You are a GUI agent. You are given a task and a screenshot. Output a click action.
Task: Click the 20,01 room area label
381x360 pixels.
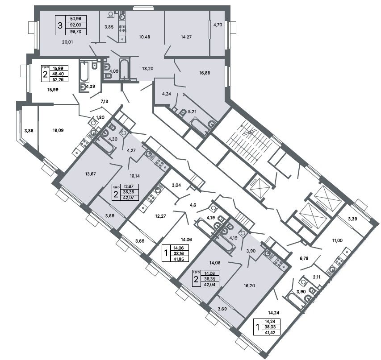[x=67, y=42]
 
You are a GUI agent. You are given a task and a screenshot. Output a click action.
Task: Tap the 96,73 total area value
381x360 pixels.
[x=75, y=32]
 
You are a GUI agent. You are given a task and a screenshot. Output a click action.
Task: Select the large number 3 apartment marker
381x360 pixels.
[x=60, y=25]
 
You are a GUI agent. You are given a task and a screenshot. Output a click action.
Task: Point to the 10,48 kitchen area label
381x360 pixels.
[x=144, y=37]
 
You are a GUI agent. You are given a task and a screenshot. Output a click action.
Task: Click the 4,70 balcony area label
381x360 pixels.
[x=218, y=25]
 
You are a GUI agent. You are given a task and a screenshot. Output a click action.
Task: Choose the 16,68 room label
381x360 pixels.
[x=205, y=73]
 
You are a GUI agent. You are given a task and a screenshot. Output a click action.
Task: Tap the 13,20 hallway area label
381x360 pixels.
[x=148, y=68]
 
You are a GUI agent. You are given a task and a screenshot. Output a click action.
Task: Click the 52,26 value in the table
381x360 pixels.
[x=59, y=79]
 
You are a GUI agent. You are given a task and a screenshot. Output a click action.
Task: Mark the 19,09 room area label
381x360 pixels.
[x=58, y=130]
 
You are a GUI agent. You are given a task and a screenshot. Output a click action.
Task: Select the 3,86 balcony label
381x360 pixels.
[x=29, y=131]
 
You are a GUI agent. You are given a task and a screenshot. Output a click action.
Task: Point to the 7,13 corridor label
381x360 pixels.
[x=104, y=101]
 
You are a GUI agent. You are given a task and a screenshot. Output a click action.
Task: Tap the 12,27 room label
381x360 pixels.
[x=161, y=216]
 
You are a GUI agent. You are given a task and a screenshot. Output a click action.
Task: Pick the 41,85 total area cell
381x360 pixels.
[x=179, y=259]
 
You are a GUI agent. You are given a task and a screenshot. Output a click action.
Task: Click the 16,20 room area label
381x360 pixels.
[x=249, y=286]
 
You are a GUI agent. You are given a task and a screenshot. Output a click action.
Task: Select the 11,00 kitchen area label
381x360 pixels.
[x=338, y=240]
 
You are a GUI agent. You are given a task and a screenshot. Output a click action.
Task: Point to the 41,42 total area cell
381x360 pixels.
[x=270, y=333]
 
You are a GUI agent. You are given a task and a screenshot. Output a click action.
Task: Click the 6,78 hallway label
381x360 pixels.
[x=304, y=258]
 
